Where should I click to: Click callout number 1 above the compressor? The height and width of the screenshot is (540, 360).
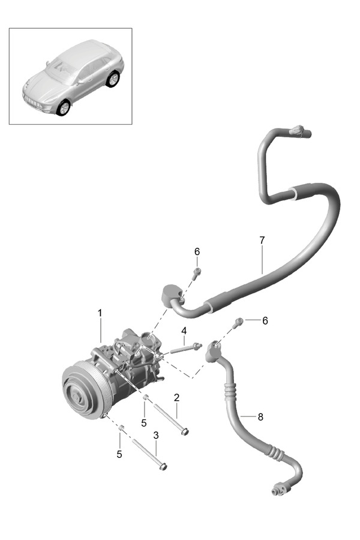(100, 313)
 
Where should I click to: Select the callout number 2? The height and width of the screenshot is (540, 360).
(176, 398)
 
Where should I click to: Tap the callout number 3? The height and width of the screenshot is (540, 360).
(155, 435)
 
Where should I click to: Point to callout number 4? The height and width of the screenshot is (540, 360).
(184, 331)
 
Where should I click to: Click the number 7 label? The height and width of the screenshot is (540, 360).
(262, 240)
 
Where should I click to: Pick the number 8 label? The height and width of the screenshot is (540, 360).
(260, 416)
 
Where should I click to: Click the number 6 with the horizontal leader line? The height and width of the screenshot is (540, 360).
(265, 320)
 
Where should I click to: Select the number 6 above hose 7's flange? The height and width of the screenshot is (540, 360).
(197, 251)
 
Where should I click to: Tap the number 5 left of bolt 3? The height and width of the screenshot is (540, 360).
(119, 454)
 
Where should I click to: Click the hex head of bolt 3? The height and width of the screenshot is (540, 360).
(163, 466)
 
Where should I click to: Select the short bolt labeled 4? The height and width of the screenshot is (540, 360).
(185, 347)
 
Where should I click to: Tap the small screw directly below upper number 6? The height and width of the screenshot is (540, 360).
(197, 273)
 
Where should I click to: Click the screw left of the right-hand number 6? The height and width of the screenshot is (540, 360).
(239, 322)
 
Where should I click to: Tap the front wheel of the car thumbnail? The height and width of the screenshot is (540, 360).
(62, 107)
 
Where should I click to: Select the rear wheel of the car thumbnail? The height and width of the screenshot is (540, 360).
(112, 79)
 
